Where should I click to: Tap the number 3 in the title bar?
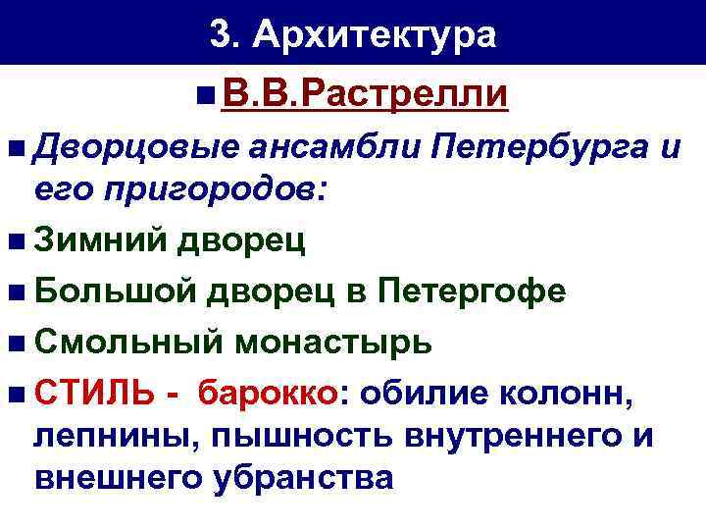pos(220,35)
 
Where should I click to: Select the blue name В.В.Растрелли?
pos(365,95)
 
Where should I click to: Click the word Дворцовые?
pos(135,149)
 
